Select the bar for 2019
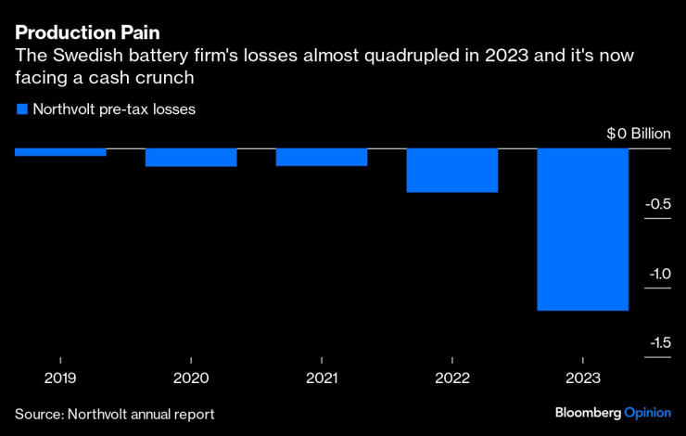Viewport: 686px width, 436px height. (60, 152)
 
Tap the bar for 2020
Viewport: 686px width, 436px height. (191, 158)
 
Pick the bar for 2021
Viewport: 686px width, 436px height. (322, 157)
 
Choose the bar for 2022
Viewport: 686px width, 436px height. (452, 171)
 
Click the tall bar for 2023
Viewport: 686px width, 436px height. (583, 229)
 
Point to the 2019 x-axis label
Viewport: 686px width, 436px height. (60, 378)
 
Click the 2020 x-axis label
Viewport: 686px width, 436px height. (191, 378)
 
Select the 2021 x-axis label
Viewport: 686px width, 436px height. (322, 378)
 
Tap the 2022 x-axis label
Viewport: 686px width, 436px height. (452, 378)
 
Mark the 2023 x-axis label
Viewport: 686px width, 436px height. (583, 378)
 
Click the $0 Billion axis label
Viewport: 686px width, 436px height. (638, 134)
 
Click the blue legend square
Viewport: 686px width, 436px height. (21, 109)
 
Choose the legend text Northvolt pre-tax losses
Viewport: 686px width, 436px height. (115, 109)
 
